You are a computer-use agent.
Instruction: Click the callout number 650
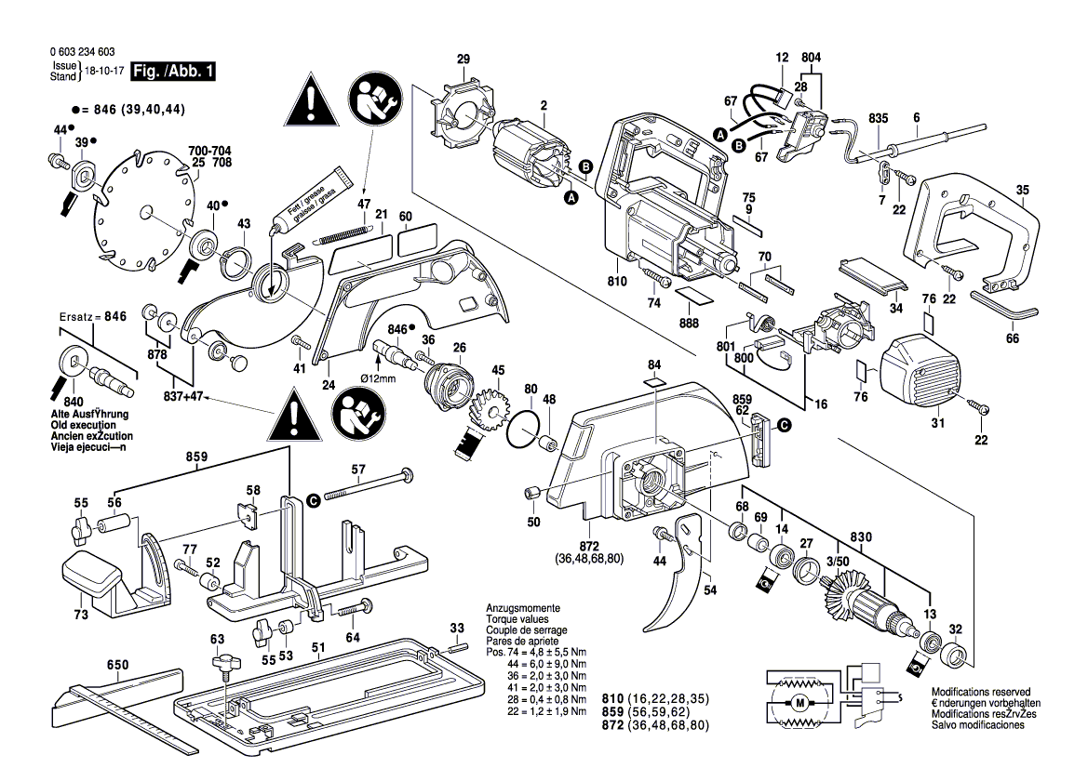[117, 664]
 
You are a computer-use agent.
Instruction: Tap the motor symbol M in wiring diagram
[799, 702]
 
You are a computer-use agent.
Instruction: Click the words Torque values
[517, 618]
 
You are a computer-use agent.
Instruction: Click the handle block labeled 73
[89, 577]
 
